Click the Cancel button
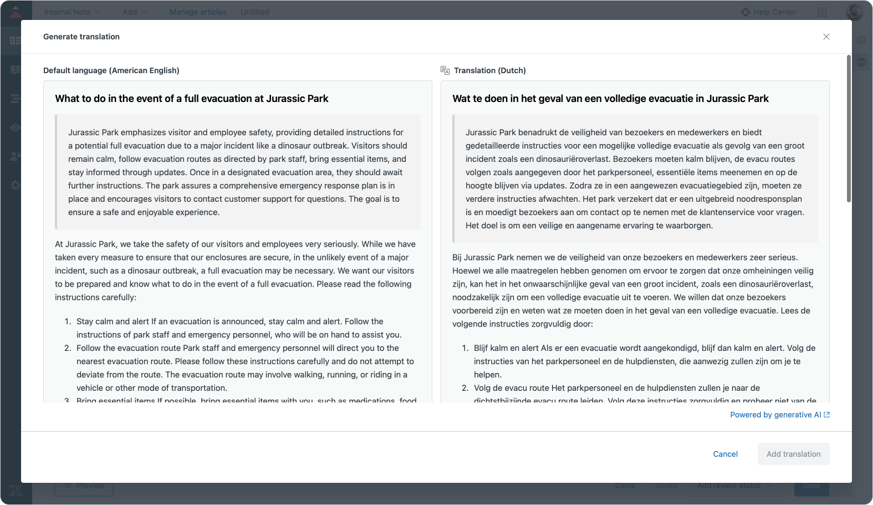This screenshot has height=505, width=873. coord(725,454)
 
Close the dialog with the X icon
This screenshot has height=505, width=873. coord(826,37)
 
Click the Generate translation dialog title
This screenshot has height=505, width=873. coord(81,37)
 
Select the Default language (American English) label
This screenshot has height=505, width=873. coord(111,70)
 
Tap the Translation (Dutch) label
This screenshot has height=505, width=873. coord(489,70)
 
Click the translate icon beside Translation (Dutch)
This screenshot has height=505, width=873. coord(445,70)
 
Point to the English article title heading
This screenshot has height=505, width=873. coord(192,99)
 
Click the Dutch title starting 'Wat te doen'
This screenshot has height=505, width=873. coord(610,99)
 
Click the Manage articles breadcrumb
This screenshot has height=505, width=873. coord(198,12)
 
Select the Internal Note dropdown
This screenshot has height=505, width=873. coord(73,12)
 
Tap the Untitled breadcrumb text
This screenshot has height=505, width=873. coord(255,12)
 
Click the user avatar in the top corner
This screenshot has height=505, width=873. coord(854,12)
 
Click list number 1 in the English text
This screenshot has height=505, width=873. coord(68,322)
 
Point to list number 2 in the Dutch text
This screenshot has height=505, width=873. coord(465,388)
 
